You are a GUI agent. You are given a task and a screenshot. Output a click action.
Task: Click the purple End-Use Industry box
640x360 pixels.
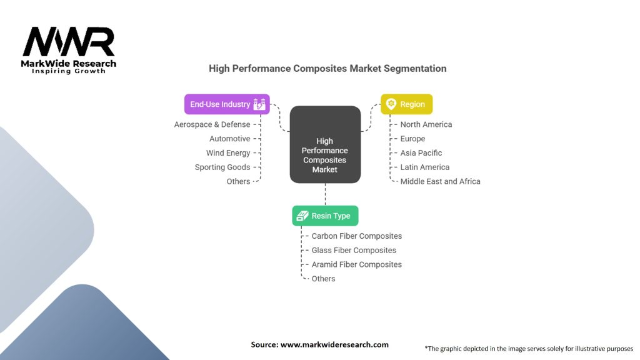click(227, 104)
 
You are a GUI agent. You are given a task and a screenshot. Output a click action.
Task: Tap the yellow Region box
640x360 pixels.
click(406, 104)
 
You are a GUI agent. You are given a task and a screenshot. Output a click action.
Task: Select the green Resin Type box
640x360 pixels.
click(325, 216)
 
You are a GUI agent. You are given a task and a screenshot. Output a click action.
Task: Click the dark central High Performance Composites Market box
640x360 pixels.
click(325, 144)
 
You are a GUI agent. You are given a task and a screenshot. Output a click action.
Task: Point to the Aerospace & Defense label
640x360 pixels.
click(212, 124)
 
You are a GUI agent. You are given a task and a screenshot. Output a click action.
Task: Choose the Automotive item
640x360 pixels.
click(230, 139)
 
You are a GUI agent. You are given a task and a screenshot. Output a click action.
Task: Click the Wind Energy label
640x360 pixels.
click(228, 153)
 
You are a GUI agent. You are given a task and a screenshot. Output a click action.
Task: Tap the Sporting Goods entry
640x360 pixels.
click(222, 167)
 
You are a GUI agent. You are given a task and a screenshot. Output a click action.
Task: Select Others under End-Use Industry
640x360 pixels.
click(238, 181)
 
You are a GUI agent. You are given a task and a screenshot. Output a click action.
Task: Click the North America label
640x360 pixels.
click(426, 124)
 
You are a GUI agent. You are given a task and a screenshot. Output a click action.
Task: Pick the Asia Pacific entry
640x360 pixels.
click(421, 153)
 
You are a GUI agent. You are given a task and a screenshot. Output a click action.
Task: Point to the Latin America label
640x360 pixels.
click(425, 167)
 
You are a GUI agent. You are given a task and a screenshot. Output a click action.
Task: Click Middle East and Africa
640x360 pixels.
click(441, 181)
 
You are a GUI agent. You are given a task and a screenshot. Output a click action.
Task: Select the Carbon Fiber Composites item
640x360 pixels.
click(357, 236)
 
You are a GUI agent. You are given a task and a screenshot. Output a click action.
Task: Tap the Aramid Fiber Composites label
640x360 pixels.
click(357, 264)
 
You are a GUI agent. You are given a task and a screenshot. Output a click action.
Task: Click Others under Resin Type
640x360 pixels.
click(323, 279)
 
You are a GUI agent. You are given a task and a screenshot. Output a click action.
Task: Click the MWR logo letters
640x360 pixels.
click(69, 42)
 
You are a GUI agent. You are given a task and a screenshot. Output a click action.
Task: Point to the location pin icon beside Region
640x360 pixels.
click(391, 104)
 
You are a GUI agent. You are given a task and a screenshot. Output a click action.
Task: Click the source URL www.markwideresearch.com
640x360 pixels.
click(334, 344)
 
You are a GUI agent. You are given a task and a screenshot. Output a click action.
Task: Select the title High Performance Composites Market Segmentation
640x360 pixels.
click(327, 69)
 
